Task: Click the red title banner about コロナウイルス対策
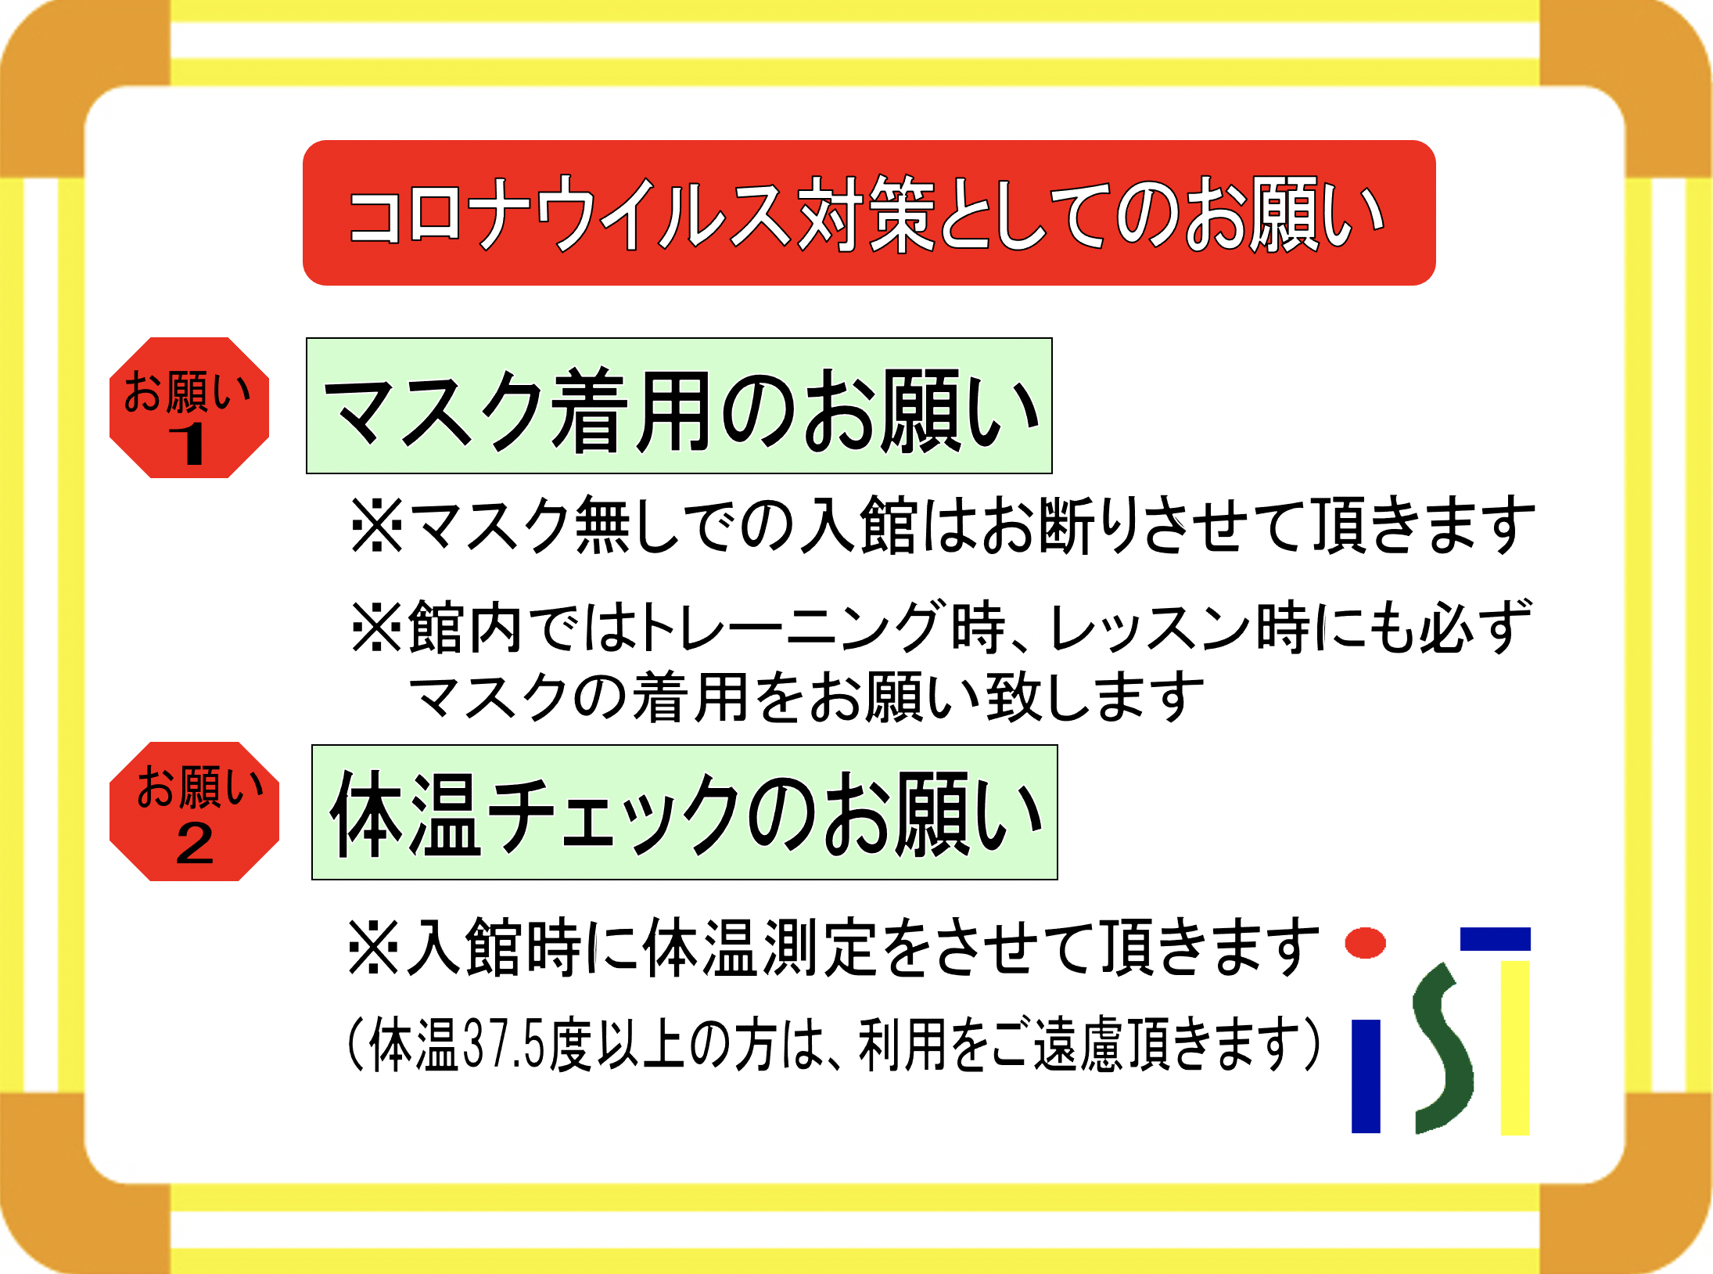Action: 869,213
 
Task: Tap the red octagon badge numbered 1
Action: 189,408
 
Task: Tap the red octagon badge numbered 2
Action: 194,812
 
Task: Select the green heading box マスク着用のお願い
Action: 679,406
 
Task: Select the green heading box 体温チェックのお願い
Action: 684,812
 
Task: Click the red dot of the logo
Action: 1365,943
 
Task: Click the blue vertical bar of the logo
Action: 1366,1076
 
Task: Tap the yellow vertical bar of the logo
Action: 1515,1048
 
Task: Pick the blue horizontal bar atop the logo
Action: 1496,939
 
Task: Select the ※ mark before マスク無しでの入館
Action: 377,525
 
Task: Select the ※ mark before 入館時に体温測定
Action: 373,948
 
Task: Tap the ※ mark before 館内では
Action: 377,627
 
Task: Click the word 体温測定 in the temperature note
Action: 759,948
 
